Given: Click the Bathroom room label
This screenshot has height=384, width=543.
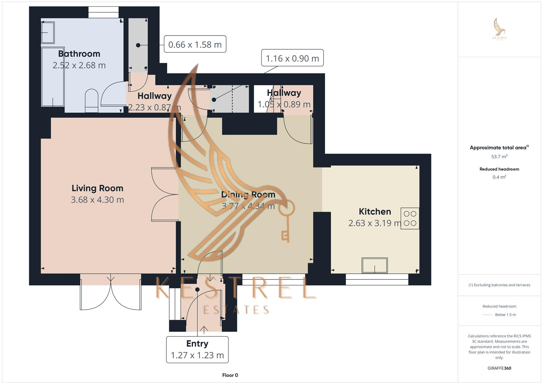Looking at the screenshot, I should (x=79, y=54).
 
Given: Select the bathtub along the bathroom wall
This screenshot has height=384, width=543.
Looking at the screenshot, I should (x=53, y=76).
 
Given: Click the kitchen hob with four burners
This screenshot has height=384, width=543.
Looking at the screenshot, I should (x=410, y=218).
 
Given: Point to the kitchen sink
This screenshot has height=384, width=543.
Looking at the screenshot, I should (x=374, y=265).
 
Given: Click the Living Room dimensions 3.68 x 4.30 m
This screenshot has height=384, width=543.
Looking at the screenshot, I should (x=97, y=200).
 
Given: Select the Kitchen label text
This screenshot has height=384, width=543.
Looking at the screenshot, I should (x=374, y=212).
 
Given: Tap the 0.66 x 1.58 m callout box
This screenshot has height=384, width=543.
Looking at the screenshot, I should (x=195, y=44).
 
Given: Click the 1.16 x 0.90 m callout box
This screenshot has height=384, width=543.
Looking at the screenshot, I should (x=292, y=58).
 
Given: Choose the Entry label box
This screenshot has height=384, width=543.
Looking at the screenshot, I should (x=197, y=349).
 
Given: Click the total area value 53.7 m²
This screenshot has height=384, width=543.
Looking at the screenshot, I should (x=499, y=156).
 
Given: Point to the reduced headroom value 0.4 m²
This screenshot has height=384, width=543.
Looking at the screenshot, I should (x=499, y=177).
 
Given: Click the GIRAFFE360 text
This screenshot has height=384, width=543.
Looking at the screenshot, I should (x=499, y=368).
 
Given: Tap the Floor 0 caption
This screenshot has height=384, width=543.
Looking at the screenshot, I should (x=230, y=375).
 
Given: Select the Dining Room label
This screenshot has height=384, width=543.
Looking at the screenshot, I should (x=248, y=194).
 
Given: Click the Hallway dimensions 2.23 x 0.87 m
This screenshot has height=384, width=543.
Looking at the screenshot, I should (x=154, y=107).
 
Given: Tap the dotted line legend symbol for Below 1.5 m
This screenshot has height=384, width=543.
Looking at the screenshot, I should (x=488, y=315).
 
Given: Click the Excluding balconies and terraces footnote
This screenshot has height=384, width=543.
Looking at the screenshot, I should (x=499, y=285).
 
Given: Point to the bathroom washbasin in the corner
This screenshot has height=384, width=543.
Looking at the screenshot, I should (x=48, y=32).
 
